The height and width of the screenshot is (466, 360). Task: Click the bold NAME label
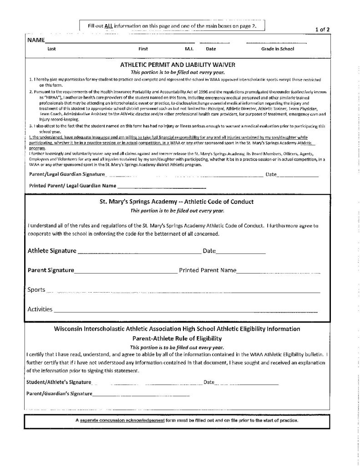coord(35,40)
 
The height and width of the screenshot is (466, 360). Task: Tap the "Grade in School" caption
coord(278,48)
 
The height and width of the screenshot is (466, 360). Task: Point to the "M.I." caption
coord(190,48)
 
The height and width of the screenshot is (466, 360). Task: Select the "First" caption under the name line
coord(143,48)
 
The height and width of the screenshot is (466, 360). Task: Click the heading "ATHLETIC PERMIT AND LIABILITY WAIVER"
coord(177,65)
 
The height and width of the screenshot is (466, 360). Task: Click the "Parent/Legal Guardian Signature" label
coord(67,174)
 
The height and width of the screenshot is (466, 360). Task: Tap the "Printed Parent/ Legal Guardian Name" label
coord(72,186)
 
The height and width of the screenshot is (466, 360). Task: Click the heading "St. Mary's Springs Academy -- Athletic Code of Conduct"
coord(177,201)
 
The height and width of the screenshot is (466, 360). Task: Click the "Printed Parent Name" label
coord(208,270)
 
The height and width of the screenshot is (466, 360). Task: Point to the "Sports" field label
coord(36,289)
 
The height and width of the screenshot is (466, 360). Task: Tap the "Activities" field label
coord(40,309)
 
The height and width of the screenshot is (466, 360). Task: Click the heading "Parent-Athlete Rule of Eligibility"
coord(177,338)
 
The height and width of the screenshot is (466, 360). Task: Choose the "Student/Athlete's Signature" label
coord(59,382)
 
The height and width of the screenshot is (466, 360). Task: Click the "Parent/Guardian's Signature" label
coord(60,393)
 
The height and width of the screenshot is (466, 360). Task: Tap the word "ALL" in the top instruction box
coord(108,26)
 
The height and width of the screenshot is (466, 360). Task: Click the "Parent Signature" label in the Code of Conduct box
coord(51,270)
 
